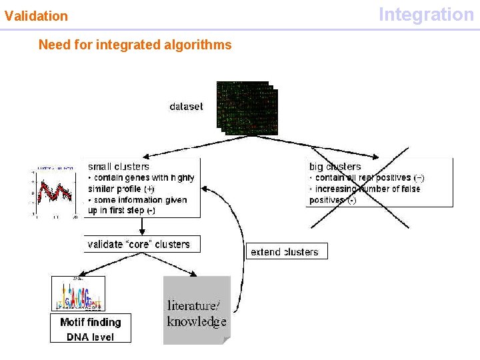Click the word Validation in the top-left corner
pos(36,15)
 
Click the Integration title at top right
pos(426,14)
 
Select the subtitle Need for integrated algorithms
pos(135,45)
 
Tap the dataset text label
pos(186,106)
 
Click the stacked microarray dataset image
pos(247,108)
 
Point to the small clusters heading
pos(119,166)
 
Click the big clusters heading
pos(335,166)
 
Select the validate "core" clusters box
pos(139,244)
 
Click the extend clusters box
pos(285,251)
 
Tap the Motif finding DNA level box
pos(91,329)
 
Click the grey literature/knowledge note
pos(197,311)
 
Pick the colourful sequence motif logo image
pos(79,294)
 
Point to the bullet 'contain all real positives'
pos(367,177)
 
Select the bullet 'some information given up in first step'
pos(137,205)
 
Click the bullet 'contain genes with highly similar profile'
pos(141,183)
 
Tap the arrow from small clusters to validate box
pos(142,227)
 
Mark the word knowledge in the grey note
pos(197,321)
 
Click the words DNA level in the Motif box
pos(91,337)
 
